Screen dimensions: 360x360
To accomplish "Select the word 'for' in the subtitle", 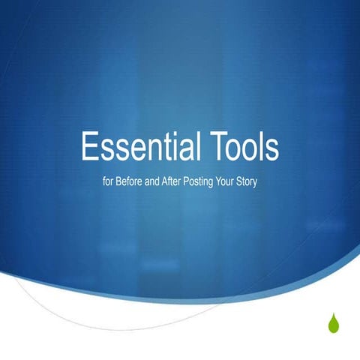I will [x=107, y=182].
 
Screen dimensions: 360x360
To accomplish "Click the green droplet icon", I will [x=333, y=323].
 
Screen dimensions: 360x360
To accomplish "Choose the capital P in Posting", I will [x=191, y=182].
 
